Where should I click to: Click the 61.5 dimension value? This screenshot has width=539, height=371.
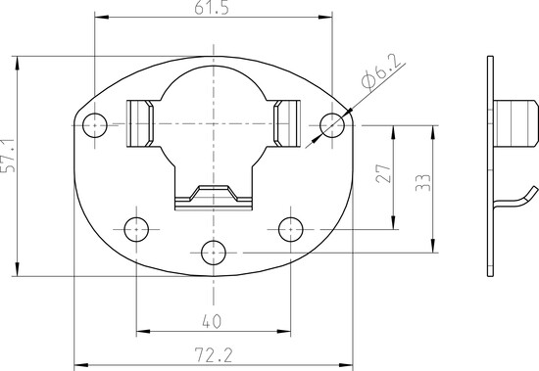pos(212,8)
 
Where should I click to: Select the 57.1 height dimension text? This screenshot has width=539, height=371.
pos(8,156)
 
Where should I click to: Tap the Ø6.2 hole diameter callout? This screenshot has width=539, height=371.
pos(382,71)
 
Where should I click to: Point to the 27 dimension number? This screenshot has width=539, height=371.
pos(383,173)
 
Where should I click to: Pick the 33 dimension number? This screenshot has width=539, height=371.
pos(422,183)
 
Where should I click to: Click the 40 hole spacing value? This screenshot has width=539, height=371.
pos(212,321)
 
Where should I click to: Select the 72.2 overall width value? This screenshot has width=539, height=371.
pos(214,355)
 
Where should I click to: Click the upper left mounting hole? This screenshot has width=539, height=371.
pos(95,125)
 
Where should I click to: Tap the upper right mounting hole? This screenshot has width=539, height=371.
pos(332,125)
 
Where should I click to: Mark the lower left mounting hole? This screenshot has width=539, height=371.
pos(136,229)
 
